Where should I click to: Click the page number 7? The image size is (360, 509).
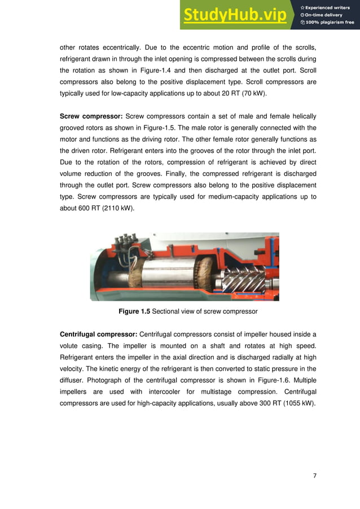pyautogui.click(x=314, y=476)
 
